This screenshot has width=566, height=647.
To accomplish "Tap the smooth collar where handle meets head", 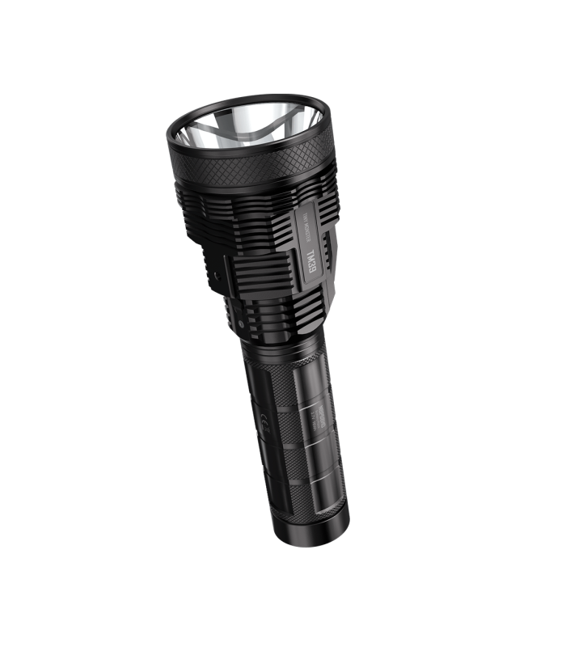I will [279, 344].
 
